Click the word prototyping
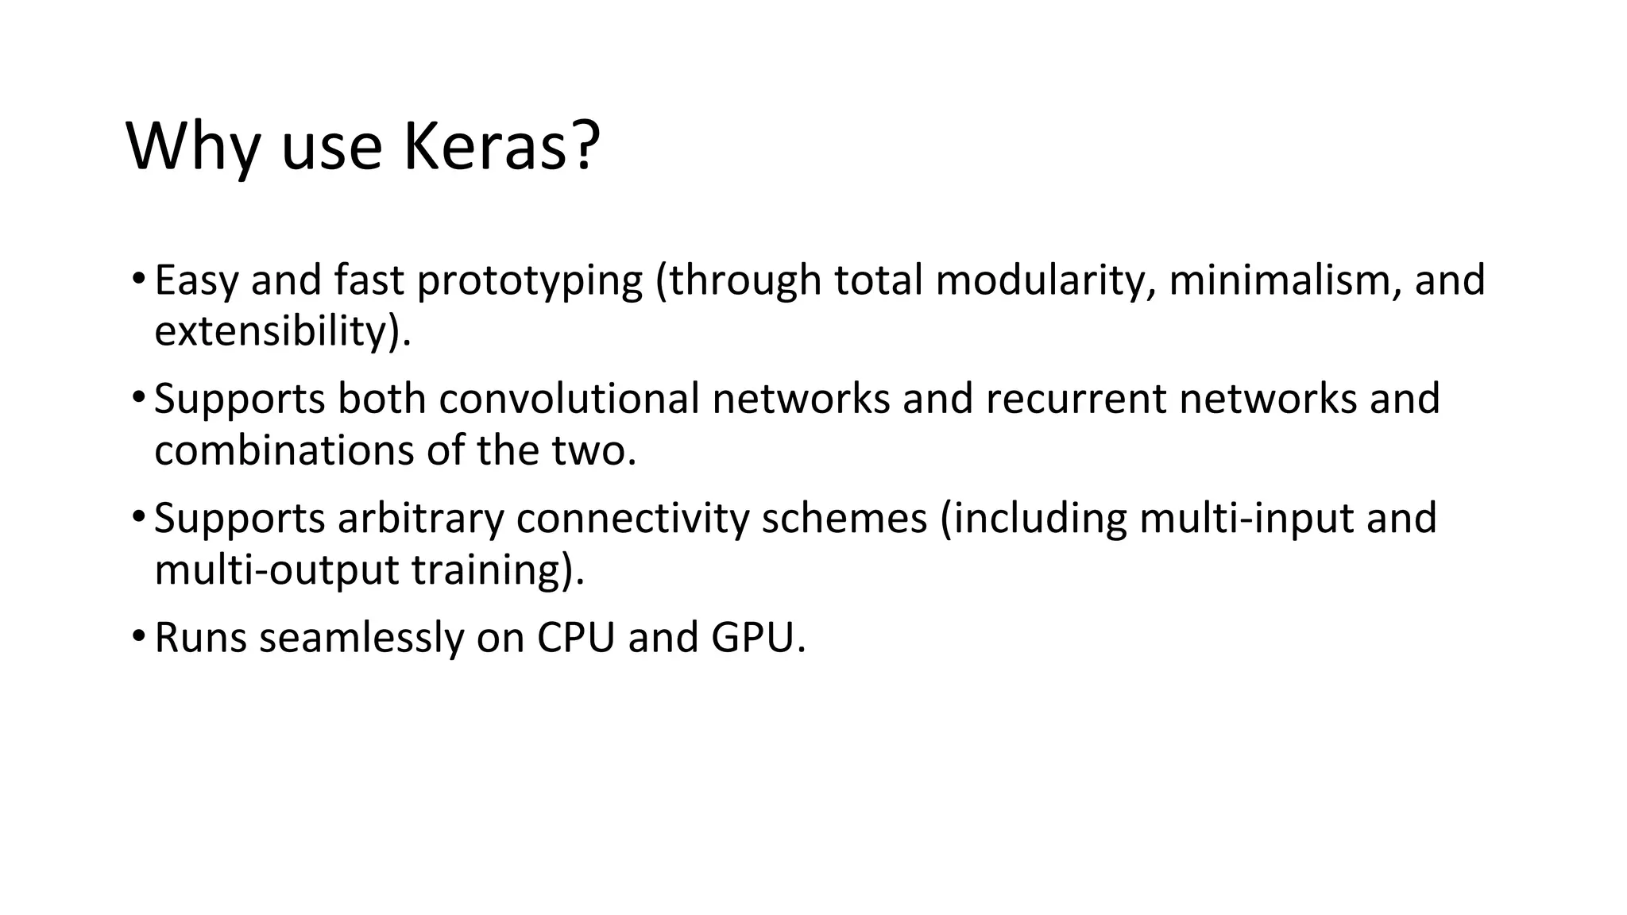tap(529, 281)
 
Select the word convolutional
tap(569, 399)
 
